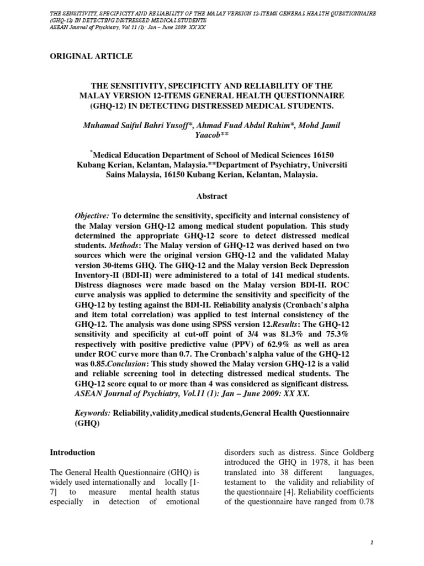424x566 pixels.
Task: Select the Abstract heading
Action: coord(211,196)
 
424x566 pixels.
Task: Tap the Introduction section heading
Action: coord(72,452)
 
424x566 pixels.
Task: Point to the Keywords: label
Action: coord(93,413)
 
